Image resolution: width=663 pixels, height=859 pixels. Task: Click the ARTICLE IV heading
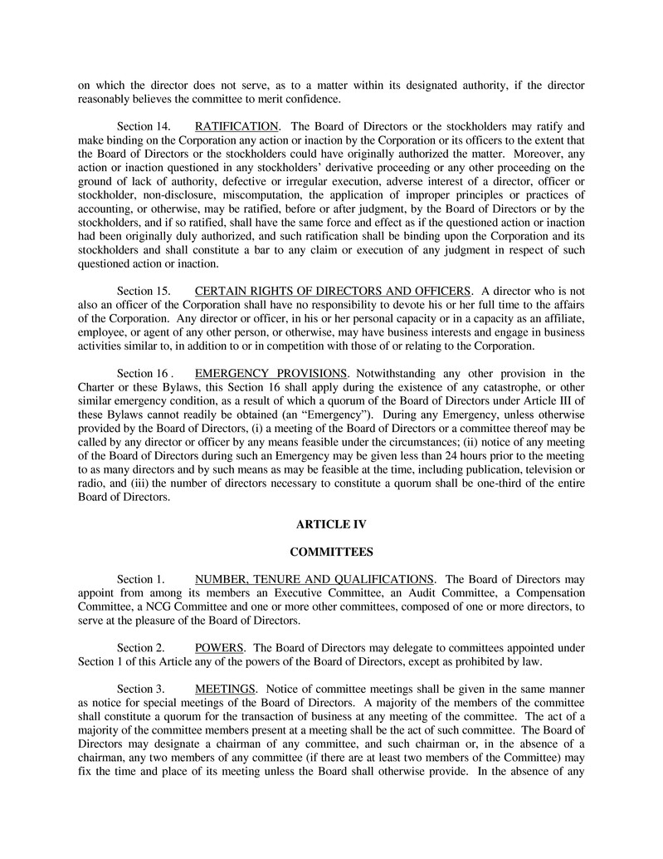(x=331, y=524)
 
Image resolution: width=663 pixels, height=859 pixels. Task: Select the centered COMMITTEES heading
(x=331, y=552)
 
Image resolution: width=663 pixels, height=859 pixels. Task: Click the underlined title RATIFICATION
(x=236, y=126)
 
